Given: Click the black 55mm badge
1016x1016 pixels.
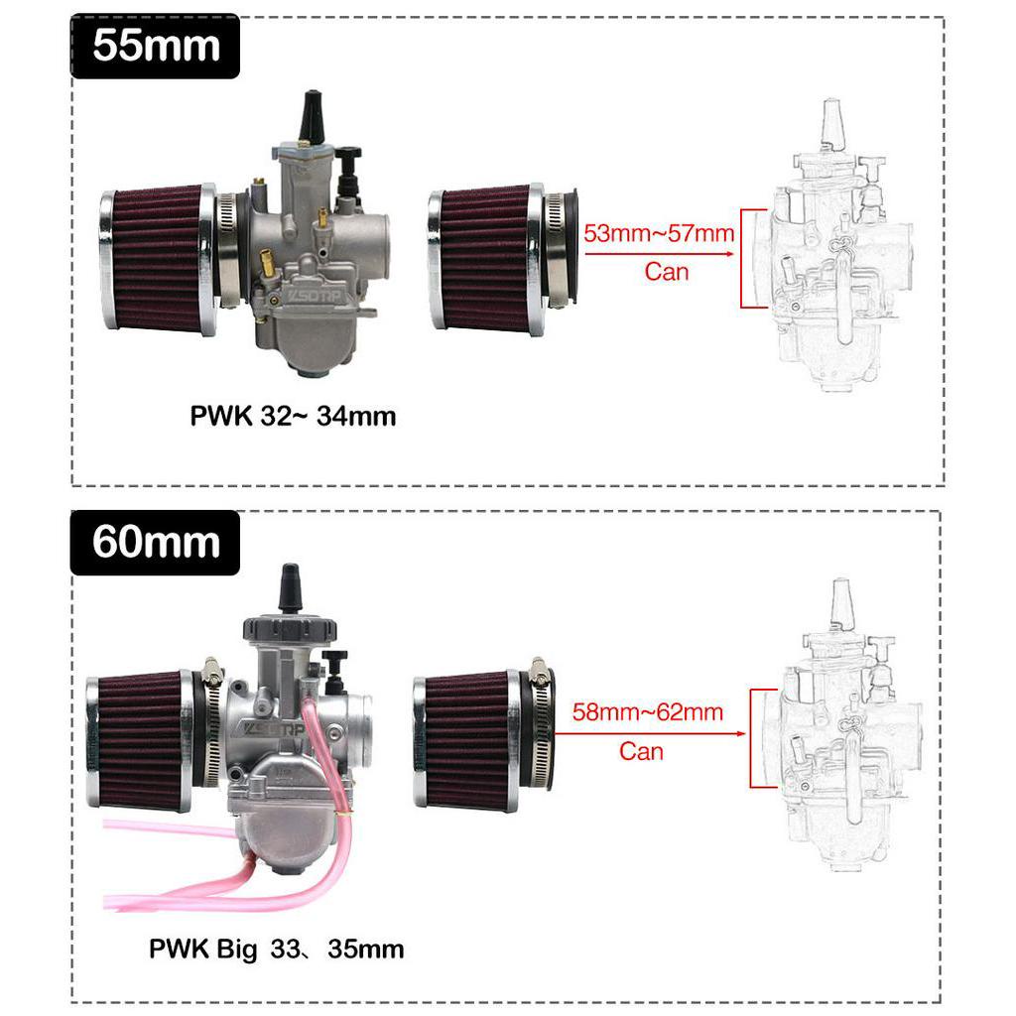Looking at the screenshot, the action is [x=155, y=46].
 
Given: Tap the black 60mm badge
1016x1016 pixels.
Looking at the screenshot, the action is [x=155, y=543].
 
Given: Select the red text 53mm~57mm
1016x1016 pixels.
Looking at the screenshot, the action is [x=659, y=233].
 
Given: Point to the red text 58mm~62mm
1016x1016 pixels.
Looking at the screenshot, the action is [x=647, y=712].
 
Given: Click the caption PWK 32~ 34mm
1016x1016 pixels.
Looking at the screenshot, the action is [x=293, y=416].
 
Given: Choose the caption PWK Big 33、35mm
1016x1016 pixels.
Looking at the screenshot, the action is [x=277, y=950].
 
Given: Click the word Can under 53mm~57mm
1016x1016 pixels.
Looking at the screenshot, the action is [x=666, y=272].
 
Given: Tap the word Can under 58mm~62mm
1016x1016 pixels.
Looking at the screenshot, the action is [x=641, y=752].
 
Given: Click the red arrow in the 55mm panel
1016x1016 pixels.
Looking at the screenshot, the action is [x=660, y=253].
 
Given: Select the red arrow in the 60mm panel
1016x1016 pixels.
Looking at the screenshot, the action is [x=651, y=733].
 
